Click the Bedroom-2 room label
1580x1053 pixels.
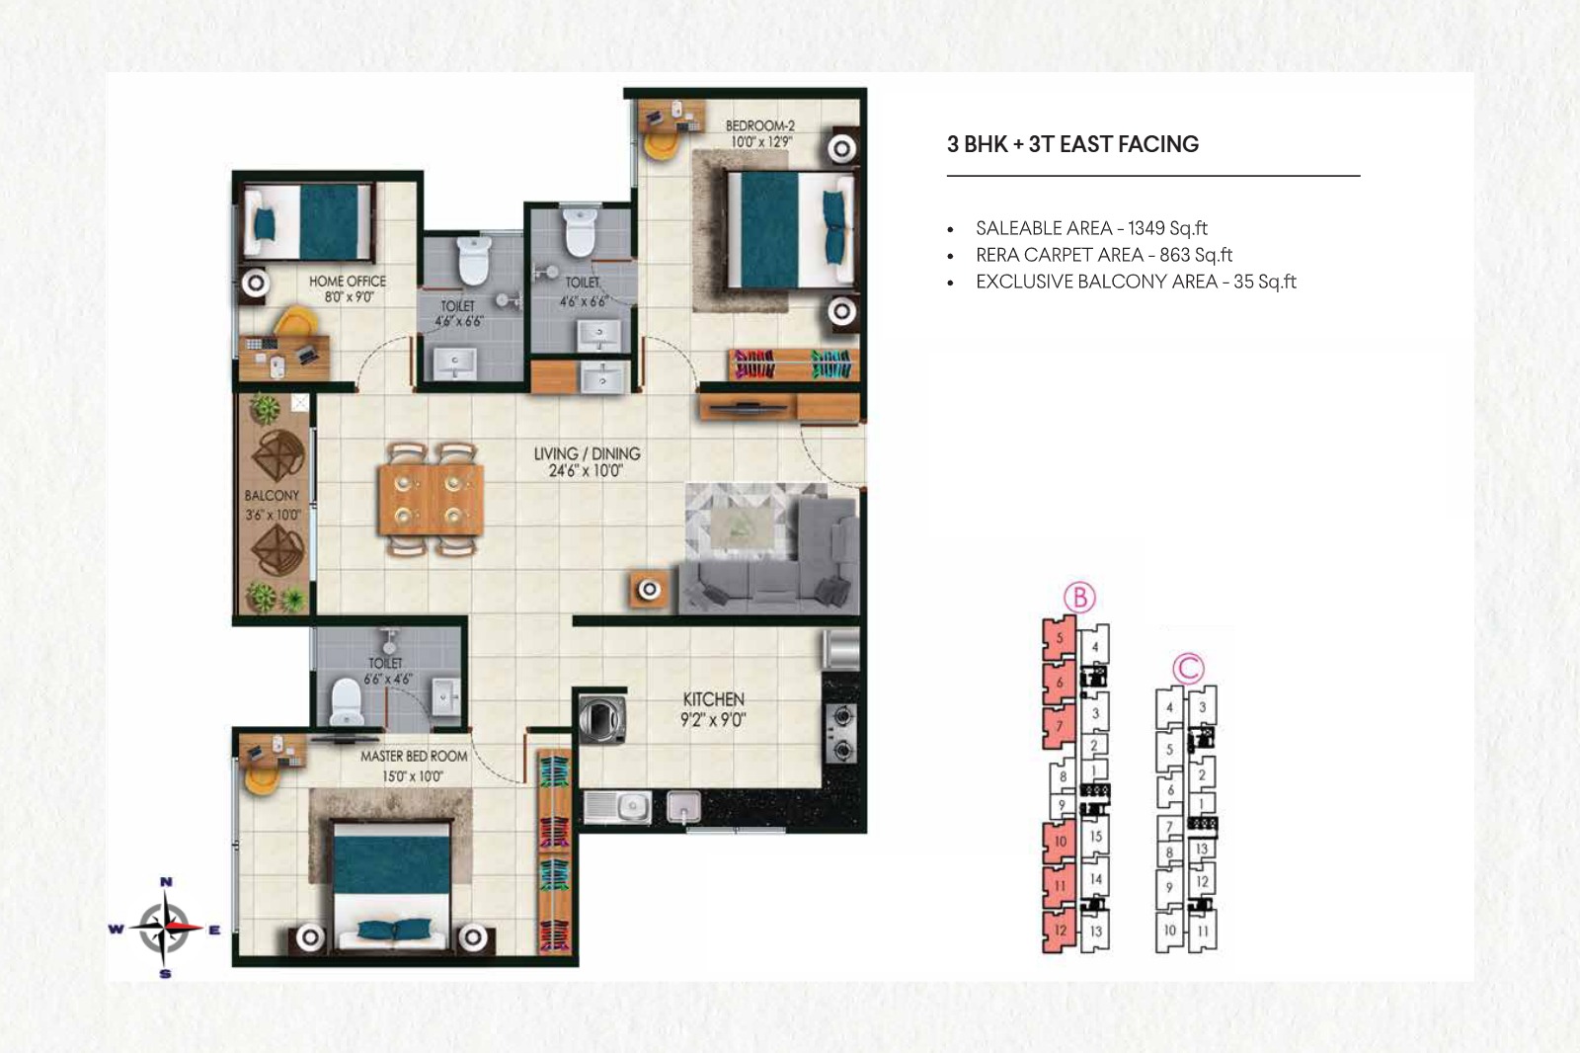point(759,125)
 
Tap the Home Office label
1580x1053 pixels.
point(348,281)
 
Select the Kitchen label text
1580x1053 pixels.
point(713,698)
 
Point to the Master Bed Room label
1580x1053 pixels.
point(414,756)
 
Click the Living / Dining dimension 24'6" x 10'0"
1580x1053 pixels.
point(587,471)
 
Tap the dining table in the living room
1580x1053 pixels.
point(431,499)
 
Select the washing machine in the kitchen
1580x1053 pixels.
point(601,718)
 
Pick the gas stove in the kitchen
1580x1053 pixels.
point(842,733)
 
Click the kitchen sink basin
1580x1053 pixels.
point(618,807)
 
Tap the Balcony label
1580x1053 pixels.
point(272,496)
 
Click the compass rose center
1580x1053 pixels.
point(164,928)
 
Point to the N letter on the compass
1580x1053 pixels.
point(167,881)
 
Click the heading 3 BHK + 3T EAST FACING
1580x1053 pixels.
point(1072,144)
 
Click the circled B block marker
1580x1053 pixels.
point(1079,597)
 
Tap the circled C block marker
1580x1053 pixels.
point(1189,668)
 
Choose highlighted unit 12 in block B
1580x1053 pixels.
point(1060,931)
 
